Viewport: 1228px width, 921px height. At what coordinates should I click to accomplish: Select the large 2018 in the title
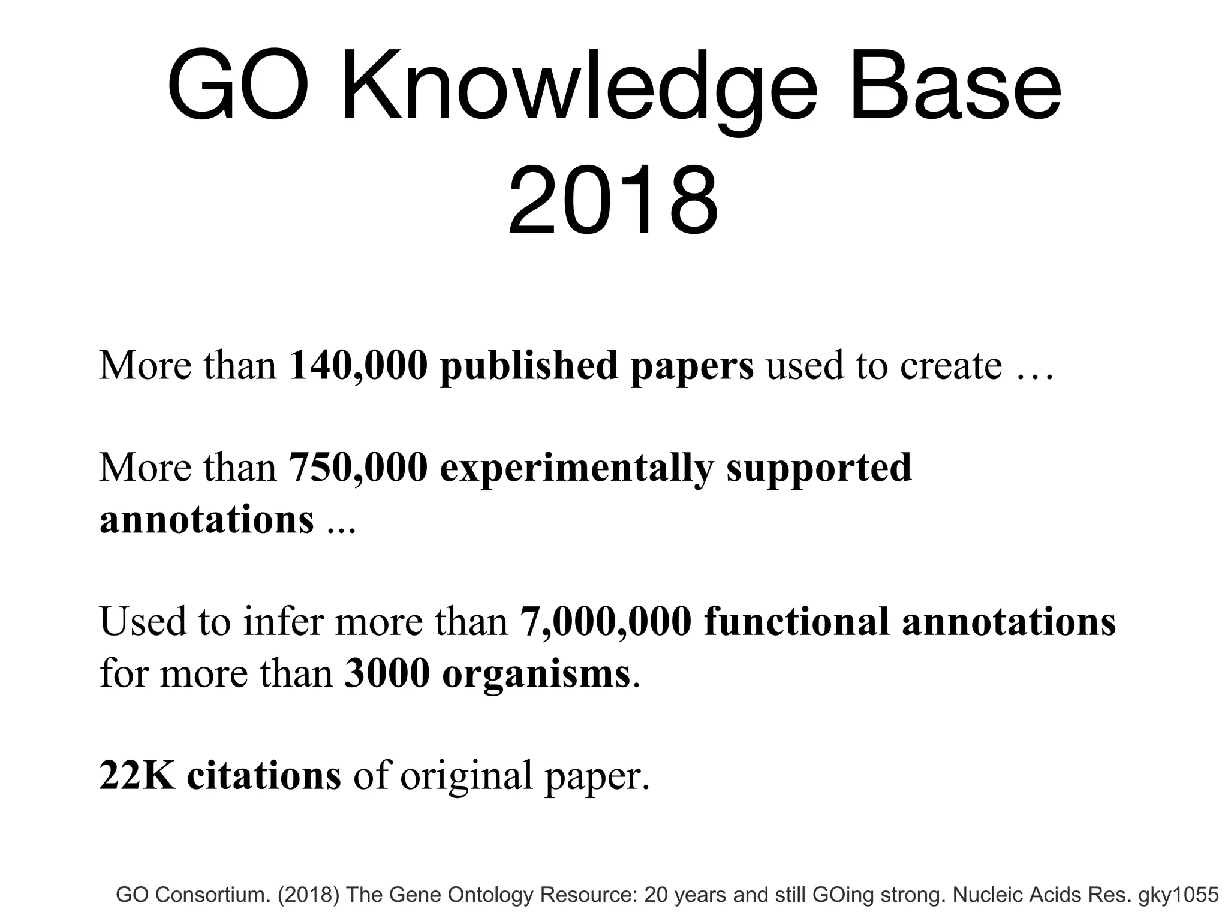[613, 200]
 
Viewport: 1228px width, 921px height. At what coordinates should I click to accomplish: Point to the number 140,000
[358, 366]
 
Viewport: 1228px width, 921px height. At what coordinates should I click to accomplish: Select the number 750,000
[358, 468]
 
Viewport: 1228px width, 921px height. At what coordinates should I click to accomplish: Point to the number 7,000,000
[606, 622]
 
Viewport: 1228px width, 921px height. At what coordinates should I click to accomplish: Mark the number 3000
[387, 673]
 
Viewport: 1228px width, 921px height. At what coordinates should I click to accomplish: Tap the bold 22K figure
[137, 775]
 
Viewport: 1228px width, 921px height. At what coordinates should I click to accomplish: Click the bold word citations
[264, 775]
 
